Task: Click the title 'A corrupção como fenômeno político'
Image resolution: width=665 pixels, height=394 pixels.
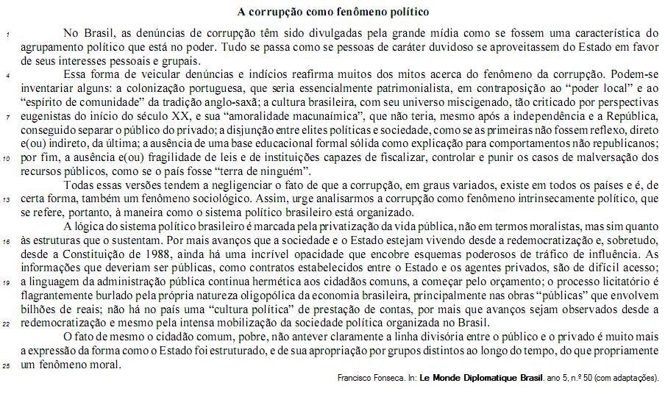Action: tap(333, 12)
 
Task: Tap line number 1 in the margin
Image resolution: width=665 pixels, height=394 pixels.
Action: tap(7, 35)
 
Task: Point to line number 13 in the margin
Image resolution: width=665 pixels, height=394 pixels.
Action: tap(7, 199)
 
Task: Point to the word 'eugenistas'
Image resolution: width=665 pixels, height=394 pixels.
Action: tap(47, 117)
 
